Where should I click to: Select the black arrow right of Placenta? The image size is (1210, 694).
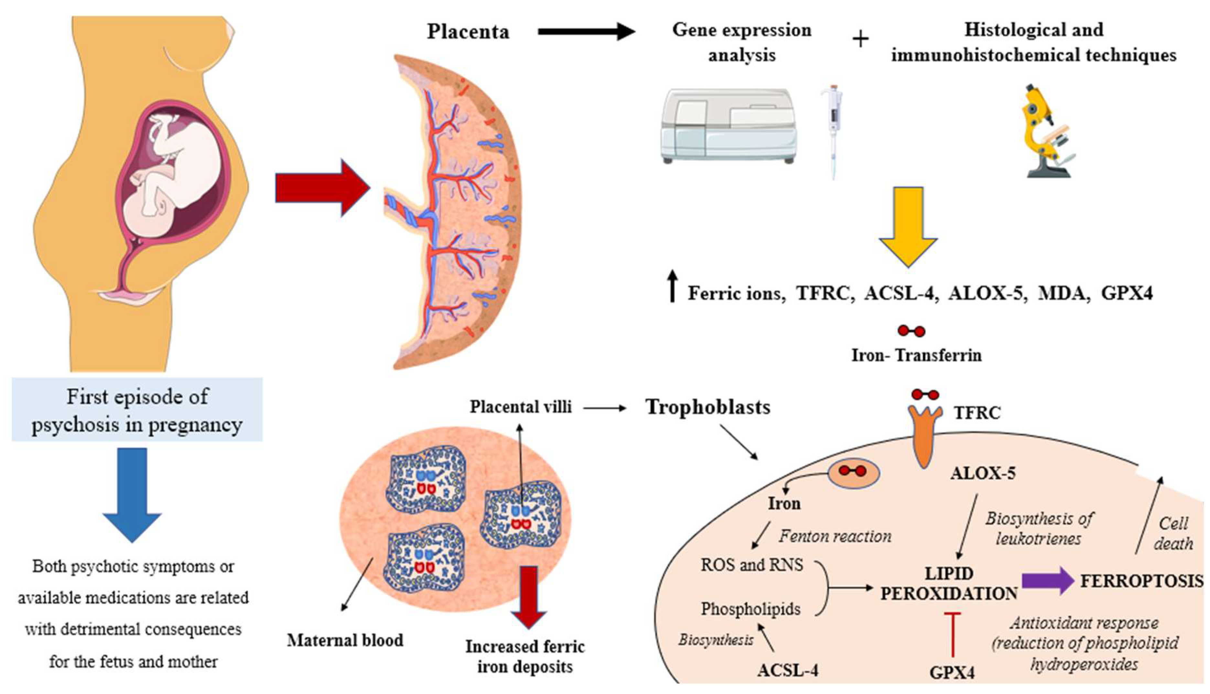click(x=586, y=31)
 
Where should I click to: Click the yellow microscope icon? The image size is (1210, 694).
click(x=1046, y=131)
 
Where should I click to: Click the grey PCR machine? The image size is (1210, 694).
click(x=728, y=126)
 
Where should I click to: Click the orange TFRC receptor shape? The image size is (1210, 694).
click(x=924, y=434)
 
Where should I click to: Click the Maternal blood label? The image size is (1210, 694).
click(x=345, y=640)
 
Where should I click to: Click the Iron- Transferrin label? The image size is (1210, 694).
click(x=916, y=355)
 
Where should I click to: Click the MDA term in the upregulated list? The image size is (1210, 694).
click(x=1064, y=293)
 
